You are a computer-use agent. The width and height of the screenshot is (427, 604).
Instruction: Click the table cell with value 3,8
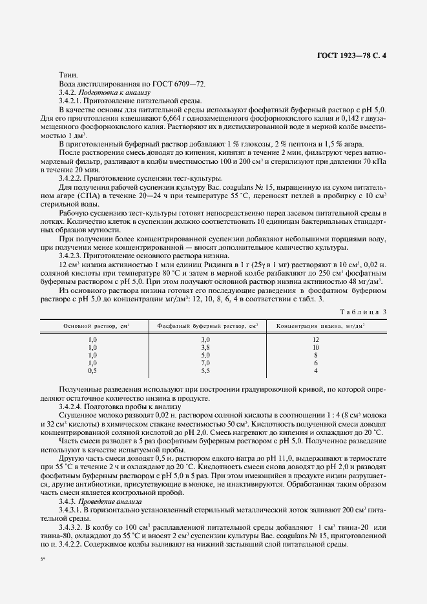click(205, 347)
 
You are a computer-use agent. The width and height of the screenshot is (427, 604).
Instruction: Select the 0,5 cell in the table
click(92, 370)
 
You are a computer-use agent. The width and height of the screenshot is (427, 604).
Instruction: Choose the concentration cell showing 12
click(316, 339)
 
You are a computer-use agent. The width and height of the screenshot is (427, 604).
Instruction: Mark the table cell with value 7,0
click(205, 363)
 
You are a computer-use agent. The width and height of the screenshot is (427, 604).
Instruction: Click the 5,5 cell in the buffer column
click(205, 370)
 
